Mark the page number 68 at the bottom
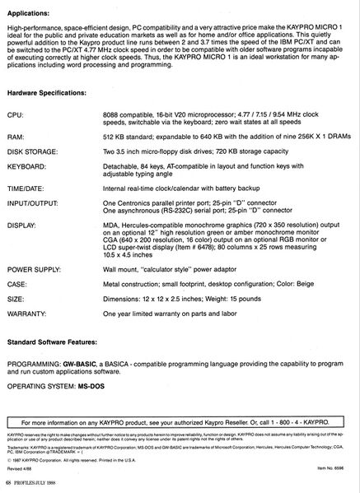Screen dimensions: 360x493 click(x=9, y=481)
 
